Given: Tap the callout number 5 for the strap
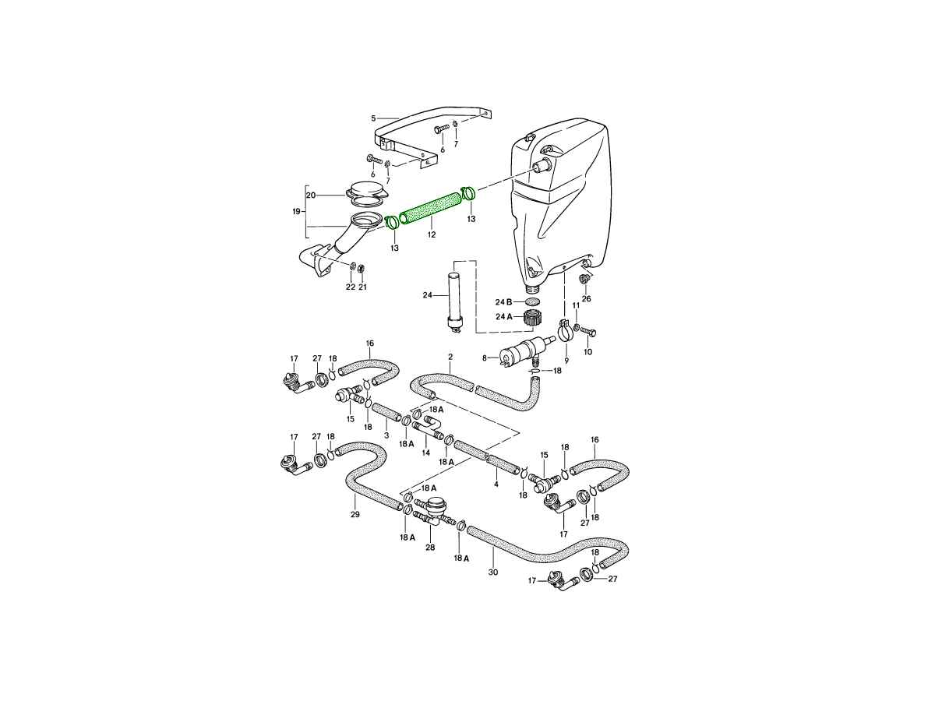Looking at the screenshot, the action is click(x=373, y=118).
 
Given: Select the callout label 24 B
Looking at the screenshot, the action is click(x=503, y=302).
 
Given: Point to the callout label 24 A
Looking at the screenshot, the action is click(x=503, y=317).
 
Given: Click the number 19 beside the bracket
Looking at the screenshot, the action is click(x=297, y=211).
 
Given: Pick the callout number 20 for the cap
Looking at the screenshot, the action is click(x=312, y=196).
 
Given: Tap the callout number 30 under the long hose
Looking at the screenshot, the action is click(x=493, y=572).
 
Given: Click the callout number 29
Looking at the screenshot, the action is click(x=355, y=515).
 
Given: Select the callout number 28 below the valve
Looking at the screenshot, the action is click(x=430, y=548).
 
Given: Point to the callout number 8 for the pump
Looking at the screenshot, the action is click(x=485, y=358).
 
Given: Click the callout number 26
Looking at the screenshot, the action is click(x=586, y=299).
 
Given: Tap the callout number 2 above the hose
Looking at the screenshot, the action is click(x=450, y=357).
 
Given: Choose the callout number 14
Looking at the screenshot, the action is click(x=426, y=453).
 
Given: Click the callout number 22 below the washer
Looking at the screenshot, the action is click(x=350, y=287).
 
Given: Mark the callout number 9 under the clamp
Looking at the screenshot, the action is click(x=566, y=361).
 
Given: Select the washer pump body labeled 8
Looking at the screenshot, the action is click(x=524, y=348).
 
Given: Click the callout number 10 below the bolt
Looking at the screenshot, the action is click(x=587, y=352).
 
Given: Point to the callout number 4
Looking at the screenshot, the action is click(x=496, y=484).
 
